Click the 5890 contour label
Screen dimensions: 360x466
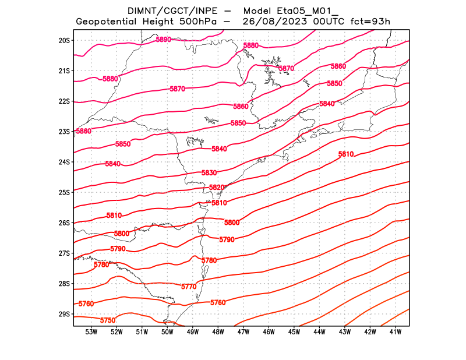[x=163, y=40]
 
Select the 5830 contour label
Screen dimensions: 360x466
[x=209, y=173]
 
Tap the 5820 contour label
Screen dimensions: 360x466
[x=217, y=188]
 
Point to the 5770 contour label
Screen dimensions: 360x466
[x=189, y=287]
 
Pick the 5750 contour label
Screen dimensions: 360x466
[x=108, y=320]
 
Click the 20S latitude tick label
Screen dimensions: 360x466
[x=64, y=40]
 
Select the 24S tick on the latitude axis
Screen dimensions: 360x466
[x=64, y=162]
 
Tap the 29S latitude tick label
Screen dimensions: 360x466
[x=64, y=314]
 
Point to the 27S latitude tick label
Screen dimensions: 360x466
[x=64, y=253]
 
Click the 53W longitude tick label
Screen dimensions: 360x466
[x=91, y=332]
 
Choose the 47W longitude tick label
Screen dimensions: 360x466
[x=243, y=332]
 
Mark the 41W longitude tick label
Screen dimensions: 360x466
[x=396, y=332]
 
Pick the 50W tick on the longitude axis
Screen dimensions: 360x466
[x=167, y=332]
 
